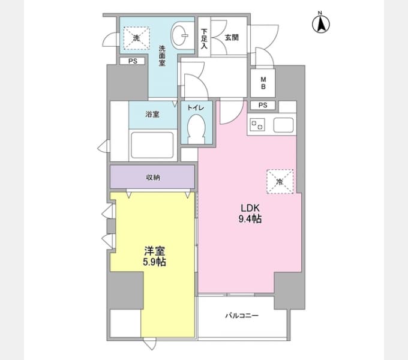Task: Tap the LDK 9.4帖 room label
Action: point(250,214)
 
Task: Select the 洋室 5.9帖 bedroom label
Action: point(155,256)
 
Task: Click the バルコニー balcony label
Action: point(242,316)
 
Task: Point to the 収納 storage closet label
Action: point(153,178)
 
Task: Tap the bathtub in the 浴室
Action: point(152,145)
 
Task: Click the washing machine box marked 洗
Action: point(137,38)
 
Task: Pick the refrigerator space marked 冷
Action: point(280,182)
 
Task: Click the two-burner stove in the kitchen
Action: point(257,125)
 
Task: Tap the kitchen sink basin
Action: point(283,125)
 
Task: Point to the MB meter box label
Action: point(263,83)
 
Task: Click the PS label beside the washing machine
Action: point(133,61)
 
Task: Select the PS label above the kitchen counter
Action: point(263,105)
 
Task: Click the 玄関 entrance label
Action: point(232,37)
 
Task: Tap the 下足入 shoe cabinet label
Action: point(204,39)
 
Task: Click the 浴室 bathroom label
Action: point(152,114)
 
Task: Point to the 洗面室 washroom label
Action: point(162,56)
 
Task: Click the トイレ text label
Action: point(196,107)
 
